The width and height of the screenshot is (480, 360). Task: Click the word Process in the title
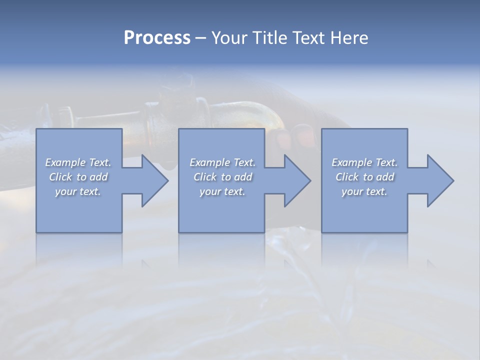pos(157,38)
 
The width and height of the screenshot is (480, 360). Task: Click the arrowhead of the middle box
pos(296,180)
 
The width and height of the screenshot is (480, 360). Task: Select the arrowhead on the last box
pos(439,180)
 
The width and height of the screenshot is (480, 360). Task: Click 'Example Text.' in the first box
pos(78,162)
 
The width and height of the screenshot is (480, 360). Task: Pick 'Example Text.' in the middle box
pos(222,162)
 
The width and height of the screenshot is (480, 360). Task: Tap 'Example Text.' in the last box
pos(364,162)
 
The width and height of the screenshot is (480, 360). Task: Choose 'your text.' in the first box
pos(78,191)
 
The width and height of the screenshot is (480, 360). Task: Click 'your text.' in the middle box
pos(222,191)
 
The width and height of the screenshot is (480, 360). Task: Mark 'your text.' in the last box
pos(364,191)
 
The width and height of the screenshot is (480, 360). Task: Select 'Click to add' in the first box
pos(78,177)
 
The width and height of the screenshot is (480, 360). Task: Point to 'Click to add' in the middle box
pos(222,177)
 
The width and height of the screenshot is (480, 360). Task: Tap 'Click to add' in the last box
pos(364,177)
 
